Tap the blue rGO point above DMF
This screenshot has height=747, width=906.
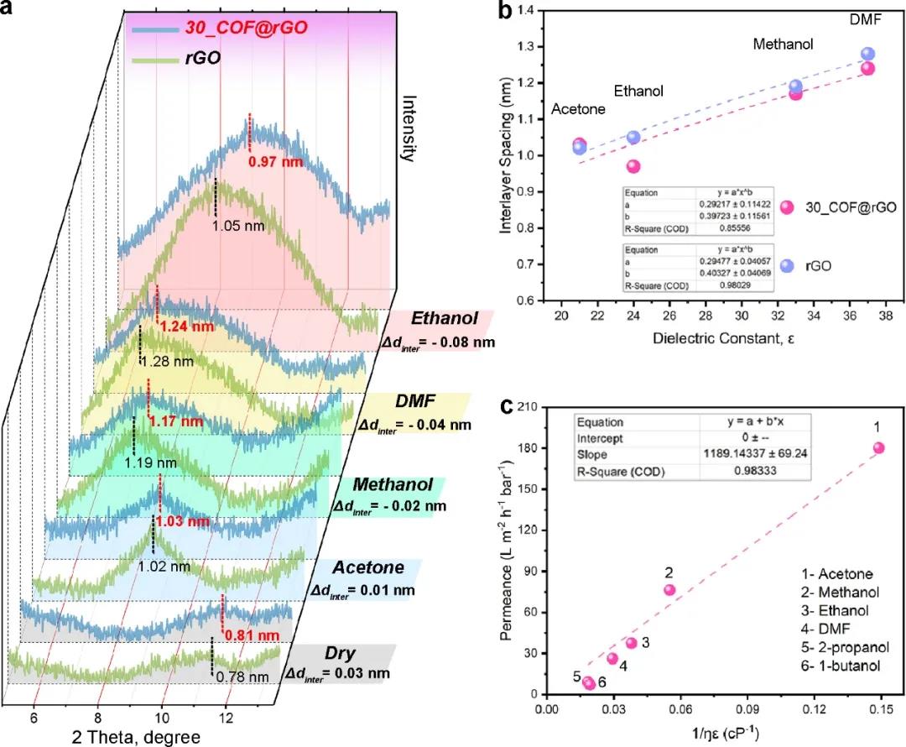point(867,54)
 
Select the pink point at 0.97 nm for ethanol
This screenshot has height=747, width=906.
point(633,166)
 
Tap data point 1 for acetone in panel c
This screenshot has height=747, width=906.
point(878,447)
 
